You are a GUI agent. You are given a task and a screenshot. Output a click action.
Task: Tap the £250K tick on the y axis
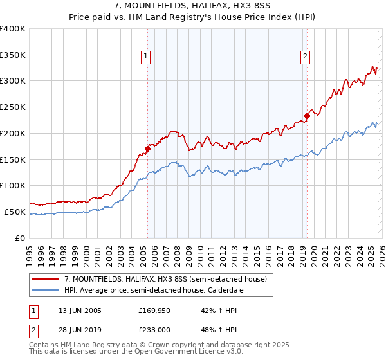13,107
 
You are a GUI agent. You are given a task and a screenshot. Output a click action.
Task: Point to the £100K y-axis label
13,185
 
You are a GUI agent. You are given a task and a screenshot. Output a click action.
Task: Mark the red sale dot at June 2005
148,148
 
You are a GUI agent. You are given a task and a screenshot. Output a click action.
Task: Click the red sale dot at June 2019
308,116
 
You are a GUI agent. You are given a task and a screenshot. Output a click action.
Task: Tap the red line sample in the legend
46,278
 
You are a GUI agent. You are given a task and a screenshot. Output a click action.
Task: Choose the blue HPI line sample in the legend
46,290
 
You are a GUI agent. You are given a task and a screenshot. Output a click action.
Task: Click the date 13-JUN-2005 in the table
80,310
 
